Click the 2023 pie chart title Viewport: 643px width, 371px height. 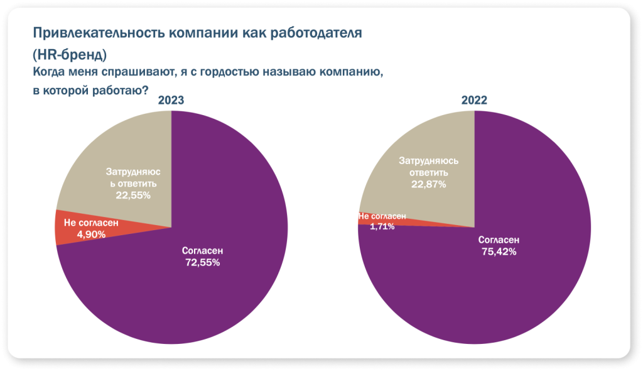[x=171, y=101]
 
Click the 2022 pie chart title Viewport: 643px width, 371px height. [x=474, y=101]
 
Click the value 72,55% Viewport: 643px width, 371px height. [x=202, y=263]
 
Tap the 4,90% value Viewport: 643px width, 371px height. [x=92, y=234]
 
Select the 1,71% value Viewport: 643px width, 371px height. [x=382, y=226]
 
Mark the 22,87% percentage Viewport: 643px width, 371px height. [x=429, y=184]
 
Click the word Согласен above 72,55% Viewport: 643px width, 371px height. [x=202, y=251]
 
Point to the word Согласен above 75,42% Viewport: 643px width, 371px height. [x=499, y=240]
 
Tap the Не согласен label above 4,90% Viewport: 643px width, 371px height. [x=92, y=223]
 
